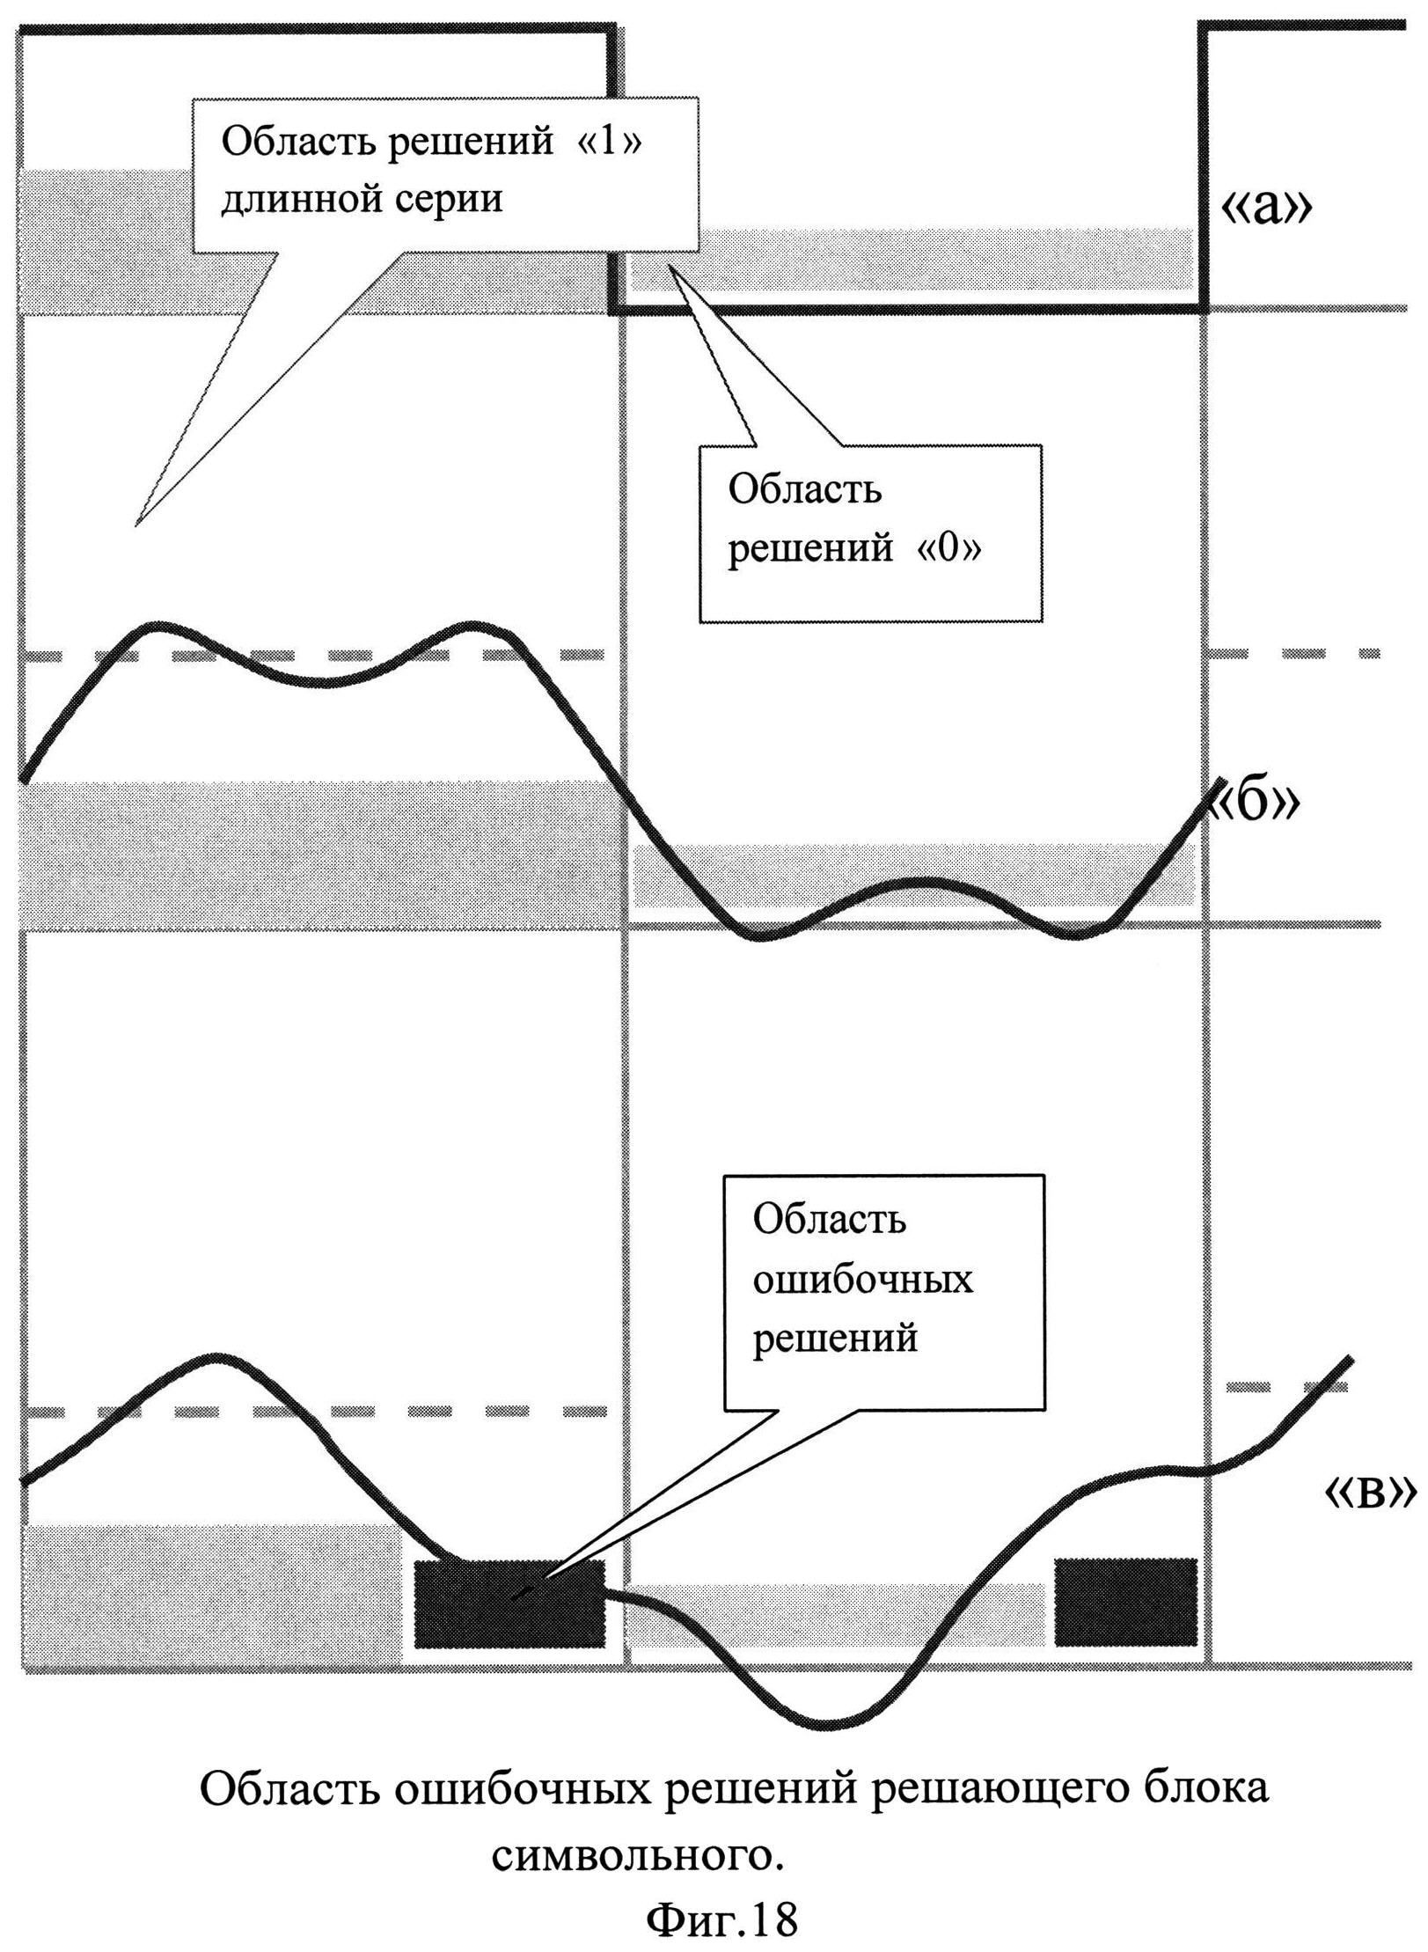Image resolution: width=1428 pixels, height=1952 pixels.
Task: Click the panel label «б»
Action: [x=1253, y=804]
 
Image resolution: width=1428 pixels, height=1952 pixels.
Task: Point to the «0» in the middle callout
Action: [x=949, y=548]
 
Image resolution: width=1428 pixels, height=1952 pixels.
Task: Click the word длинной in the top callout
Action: [x=299, y=199]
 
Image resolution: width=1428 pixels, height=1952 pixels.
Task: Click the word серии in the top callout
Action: [x=453, y=199]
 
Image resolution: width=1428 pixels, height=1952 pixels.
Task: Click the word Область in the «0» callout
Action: [x=804, y=489]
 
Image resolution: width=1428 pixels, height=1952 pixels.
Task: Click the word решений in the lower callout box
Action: [x=835, y=1339]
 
